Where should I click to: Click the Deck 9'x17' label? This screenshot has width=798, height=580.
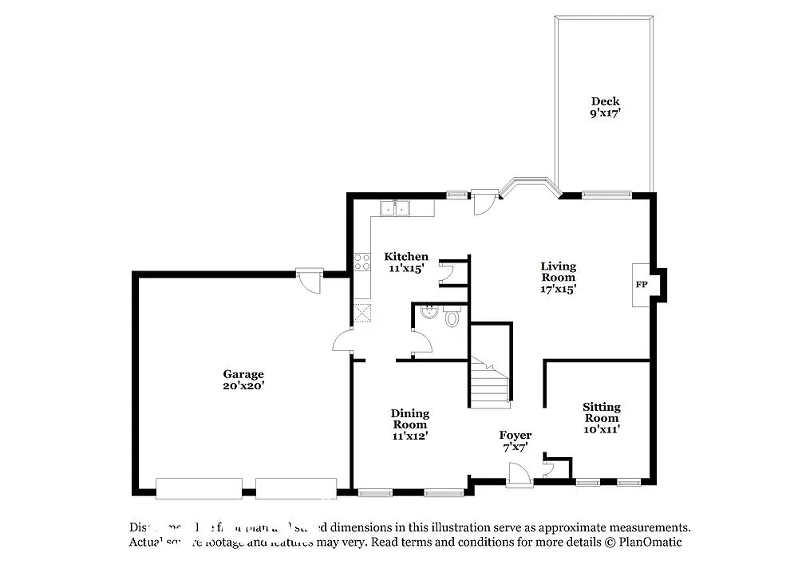tap(605, 107)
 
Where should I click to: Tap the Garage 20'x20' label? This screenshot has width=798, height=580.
tap(243, 380)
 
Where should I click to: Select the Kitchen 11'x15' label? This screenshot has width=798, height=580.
tap(406, 262)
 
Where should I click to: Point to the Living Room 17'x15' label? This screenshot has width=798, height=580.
tap(558, 278)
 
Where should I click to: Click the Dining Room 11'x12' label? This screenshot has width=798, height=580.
tap(410, 424)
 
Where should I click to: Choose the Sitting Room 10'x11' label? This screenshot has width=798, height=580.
tap(601, 418)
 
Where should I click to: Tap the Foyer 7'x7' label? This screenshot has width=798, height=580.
tap(516, 440)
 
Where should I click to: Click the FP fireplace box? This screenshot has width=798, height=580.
tap(642, 285)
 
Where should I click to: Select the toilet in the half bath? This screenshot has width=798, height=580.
tap(452, 319)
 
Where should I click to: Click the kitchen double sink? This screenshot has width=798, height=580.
tap(395, 208)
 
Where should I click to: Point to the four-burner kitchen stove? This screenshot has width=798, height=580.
tap(362, 262)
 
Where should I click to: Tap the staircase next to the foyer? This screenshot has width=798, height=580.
tap(488, 382)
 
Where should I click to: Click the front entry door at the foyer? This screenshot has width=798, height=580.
tap(519, 476)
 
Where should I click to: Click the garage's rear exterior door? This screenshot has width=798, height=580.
tap(307, 280)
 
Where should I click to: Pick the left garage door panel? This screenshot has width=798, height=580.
tap(199, 487)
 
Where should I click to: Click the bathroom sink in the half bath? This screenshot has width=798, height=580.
tap(427, 313)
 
